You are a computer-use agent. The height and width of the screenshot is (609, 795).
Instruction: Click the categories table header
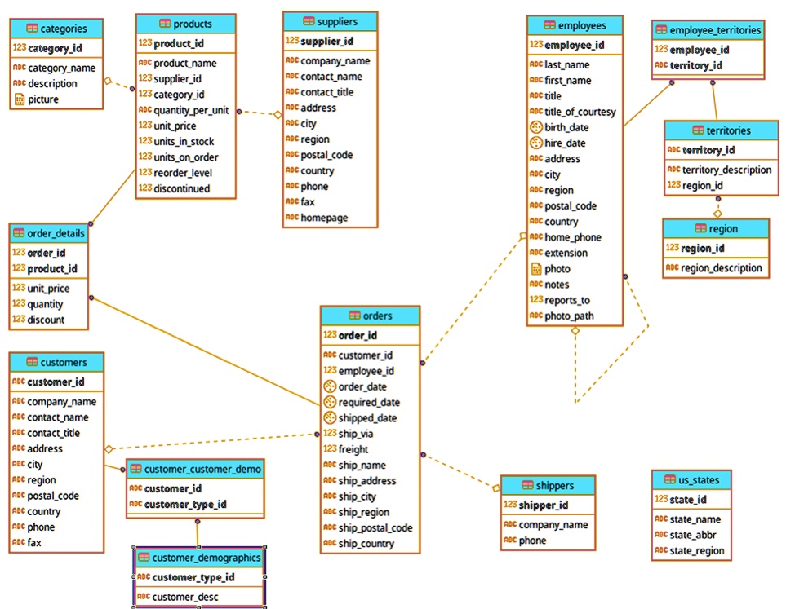click(x=56, y=29)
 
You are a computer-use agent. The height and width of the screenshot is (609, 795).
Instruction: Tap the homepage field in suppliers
click(x=324, y=218)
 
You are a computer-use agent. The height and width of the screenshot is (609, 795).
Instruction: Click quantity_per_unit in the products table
click(x=191, y=110)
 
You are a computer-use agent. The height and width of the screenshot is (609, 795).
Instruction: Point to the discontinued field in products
click(x=181, y=188)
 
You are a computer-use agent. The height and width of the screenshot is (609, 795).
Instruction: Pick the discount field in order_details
click(x=46, y=320)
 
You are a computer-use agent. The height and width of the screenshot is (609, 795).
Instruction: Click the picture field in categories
click(x=43, y=99)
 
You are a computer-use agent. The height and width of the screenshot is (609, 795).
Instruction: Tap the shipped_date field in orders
click(x=367, y=418)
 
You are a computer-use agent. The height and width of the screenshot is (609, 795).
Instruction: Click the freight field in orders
click(x=353, y=449)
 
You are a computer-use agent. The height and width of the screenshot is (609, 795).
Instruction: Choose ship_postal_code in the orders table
click(x=375, y=527)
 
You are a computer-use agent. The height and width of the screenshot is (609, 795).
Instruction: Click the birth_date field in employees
click(x=566, y=127)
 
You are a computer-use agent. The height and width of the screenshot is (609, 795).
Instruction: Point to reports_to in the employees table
click(x=567, y=300)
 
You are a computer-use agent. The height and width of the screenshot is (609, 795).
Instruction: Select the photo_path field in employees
click(x=569, y=316)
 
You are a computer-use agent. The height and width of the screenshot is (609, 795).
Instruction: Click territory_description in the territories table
click(x=726, y=170)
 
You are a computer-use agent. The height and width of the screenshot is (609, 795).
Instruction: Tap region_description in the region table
click(x=722, y=267)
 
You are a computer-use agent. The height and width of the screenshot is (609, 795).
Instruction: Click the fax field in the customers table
click(x=34, y=542)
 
